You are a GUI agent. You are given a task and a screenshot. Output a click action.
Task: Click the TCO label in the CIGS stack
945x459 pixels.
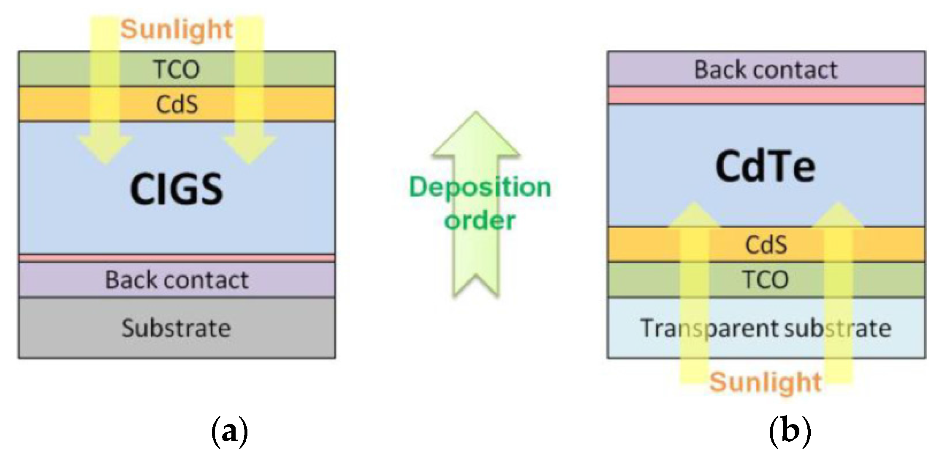coord(177,70)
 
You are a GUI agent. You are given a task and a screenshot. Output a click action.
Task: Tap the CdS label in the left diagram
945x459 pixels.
coord(177,105)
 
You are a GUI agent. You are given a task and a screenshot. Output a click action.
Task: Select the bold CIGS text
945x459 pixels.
coord(177,189)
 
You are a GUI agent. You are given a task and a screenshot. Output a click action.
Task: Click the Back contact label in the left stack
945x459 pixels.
coord(177,280)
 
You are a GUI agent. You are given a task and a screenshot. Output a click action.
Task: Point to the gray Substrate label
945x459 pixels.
coord(177,328)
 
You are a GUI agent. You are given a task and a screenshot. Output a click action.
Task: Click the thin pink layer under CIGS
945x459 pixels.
coord(177,258)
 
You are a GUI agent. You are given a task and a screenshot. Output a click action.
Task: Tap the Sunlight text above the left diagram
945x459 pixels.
coord(177,30)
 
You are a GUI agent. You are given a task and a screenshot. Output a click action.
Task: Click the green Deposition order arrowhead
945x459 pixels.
coord(476,135)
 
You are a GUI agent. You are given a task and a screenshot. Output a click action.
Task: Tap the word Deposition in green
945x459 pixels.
coord(480,187)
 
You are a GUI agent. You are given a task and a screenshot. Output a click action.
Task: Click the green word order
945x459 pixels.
coord(480,221)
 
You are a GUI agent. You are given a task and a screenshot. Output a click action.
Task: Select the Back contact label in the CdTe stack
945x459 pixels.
coord(766,70)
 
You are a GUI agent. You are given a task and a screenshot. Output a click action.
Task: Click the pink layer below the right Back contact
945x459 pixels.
coord(766,95)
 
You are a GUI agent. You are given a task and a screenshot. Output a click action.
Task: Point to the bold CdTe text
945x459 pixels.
coord(766,167)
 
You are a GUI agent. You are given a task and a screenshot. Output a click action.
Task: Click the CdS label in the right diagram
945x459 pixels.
coord(766,245)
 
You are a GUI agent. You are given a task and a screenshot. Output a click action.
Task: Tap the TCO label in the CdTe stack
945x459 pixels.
coord(766,280)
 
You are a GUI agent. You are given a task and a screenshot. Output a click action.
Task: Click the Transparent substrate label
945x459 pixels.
coord(766,328)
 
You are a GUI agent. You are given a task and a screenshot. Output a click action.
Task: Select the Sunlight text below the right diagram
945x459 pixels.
coord(766,382)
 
